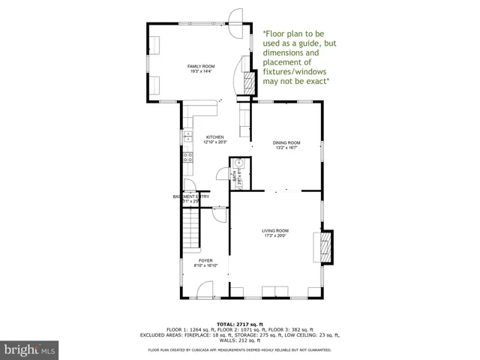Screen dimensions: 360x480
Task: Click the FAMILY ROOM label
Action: coord(200,67)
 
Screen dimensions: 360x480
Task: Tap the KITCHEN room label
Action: coord(215,137)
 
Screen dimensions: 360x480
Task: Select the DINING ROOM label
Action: coord(286,142)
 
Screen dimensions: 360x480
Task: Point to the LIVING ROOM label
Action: coord(275,230)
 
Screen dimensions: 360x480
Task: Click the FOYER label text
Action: coord(205,260)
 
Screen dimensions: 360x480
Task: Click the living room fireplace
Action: coord(325,247)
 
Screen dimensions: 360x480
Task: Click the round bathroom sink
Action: coord(237,163)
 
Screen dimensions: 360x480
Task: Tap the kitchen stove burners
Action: coord(187,157)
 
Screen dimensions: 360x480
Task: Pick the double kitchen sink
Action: coord(187,137)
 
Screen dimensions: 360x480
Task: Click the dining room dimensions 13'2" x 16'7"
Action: coord(286,148)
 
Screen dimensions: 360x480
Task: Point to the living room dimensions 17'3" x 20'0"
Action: coord(275,235)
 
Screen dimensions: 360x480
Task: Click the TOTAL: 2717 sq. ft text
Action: coord(240,322)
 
